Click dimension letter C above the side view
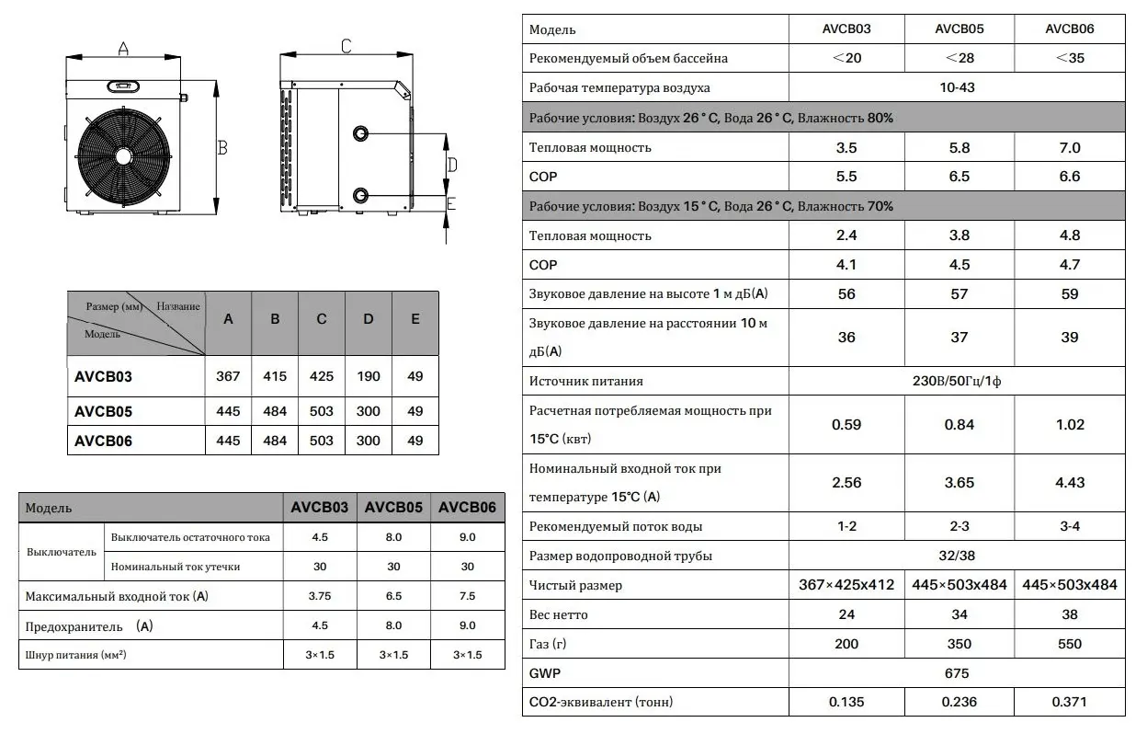tap(346, 46)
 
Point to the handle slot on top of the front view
tap(122, 87)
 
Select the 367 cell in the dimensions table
tap(228, 376)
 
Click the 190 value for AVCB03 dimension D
tap(368, 376)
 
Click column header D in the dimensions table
tap(368, 319)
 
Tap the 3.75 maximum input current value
tap(319, 596)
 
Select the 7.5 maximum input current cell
tap(467, 596)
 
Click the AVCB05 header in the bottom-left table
tap(393, 508)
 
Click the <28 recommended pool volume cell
tap(959, 58)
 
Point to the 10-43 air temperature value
tap(958, 88)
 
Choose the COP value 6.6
tap(1070, 177)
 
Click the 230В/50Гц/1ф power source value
tap(958, 381)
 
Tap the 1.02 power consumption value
tap(1070, 425)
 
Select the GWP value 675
tap(958, 673)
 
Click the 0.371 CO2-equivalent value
tap(1070, 703)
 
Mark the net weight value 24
tap(846, 614)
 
